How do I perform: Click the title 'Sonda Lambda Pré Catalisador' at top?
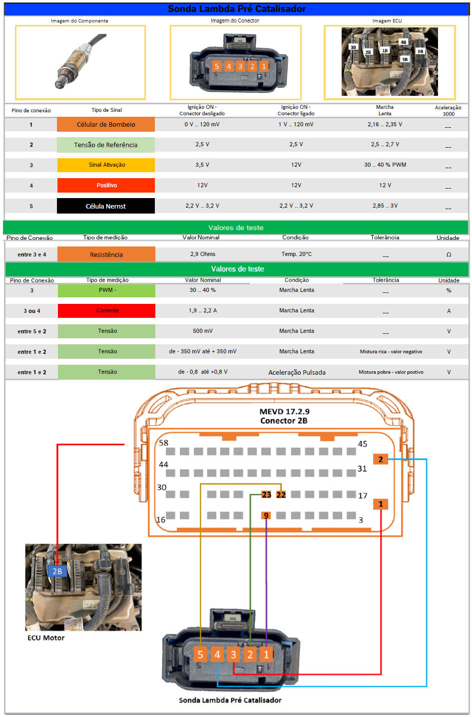coord(236,9)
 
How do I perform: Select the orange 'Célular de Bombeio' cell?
coord(106,125)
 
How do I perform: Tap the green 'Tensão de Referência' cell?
coord(106,145)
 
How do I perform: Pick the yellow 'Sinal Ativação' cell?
coord(106,165)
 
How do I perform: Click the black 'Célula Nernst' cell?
coord(106,206)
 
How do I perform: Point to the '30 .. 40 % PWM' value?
coord(385,165)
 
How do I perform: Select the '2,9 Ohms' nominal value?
coord(203,254)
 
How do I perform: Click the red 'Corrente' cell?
coord(107,310)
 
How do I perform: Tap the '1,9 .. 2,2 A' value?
coord(203,310)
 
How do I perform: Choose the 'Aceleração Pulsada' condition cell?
coord(297,372)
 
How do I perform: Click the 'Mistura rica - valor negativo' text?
coord(391,352)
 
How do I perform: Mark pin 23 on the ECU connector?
coord(267,494)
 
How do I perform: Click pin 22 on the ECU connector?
coord(281,494)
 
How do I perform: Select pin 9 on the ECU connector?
coord(266,515)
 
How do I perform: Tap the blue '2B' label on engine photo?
coord(57,571)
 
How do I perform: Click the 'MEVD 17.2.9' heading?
coord(284,412)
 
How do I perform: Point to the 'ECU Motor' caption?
coord(46,638)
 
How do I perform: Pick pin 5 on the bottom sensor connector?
coord(200,654)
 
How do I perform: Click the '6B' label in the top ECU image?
coord(420,51)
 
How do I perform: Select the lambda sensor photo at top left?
coord(80,62)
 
